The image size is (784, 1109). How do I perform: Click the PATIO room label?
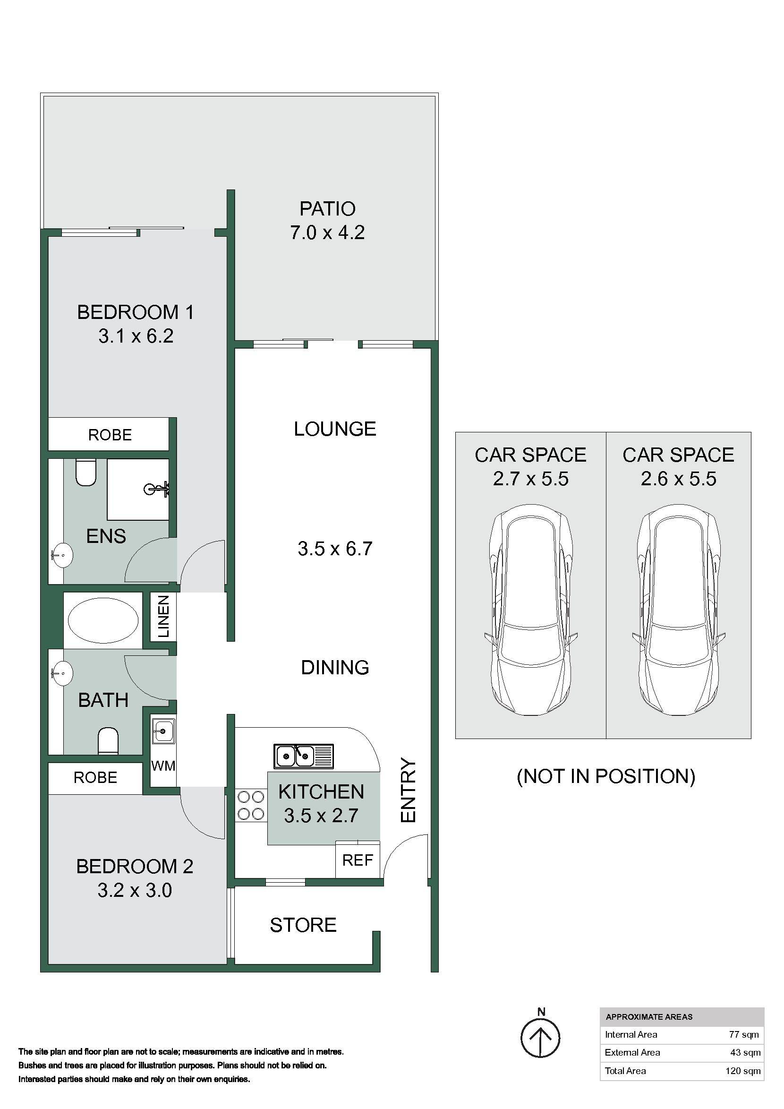point(327,209)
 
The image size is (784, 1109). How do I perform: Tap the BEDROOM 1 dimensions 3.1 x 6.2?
point(136,335)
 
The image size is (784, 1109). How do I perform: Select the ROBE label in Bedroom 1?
point(110,435)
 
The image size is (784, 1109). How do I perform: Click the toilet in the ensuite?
point(86,472)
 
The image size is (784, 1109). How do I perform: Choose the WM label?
point(163,765)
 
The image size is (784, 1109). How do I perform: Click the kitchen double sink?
point(304,756)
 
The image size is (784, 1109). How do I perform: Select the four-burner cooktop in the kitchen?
point(251,805)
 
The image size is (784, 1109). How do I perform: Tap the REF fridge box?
point(358,860)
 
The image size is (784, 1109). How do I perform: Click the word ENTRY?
point(409,790)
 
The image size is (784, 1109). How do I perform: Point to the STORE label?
point(303,925)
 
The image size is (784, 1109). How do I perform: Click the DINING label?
point(335,667)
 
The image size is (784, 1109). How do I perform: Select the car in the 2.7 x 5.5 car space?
point(530,610)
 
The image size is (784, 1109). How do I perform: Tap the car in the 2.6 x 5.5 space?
point(678,610)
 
